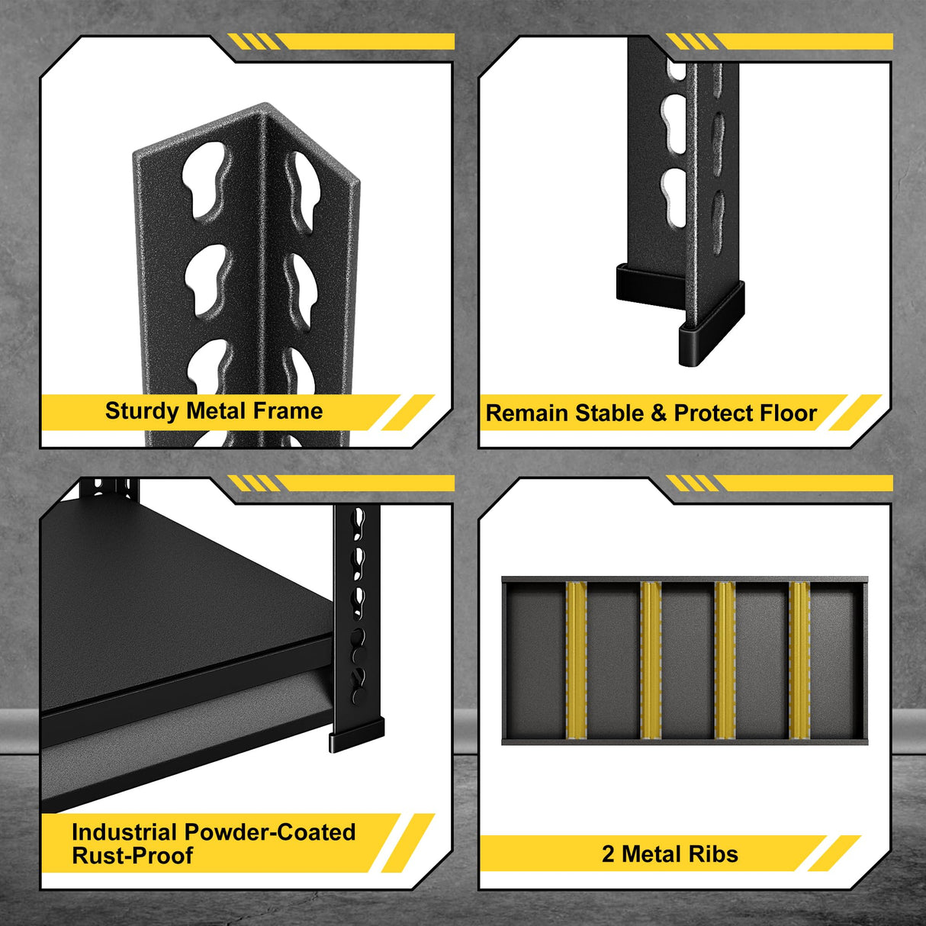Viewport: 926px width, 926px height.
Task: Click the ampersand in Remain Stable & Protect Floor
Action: [658, 413]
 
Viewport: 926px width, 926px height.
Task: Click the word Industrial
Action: [125, 831]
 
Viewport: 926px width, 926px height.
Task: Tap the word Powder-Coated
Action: [270, 831]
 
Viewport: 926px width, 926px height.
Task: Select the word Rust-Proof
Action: [132, 856]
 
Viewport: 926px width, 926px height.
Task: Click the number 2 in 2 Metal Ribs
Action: [608, 854]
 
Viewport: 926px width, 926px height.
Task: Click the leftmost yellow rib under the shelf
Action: [576, 661]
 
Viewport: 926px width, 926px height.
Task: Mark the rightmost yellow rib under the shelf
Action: [799, 661]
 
